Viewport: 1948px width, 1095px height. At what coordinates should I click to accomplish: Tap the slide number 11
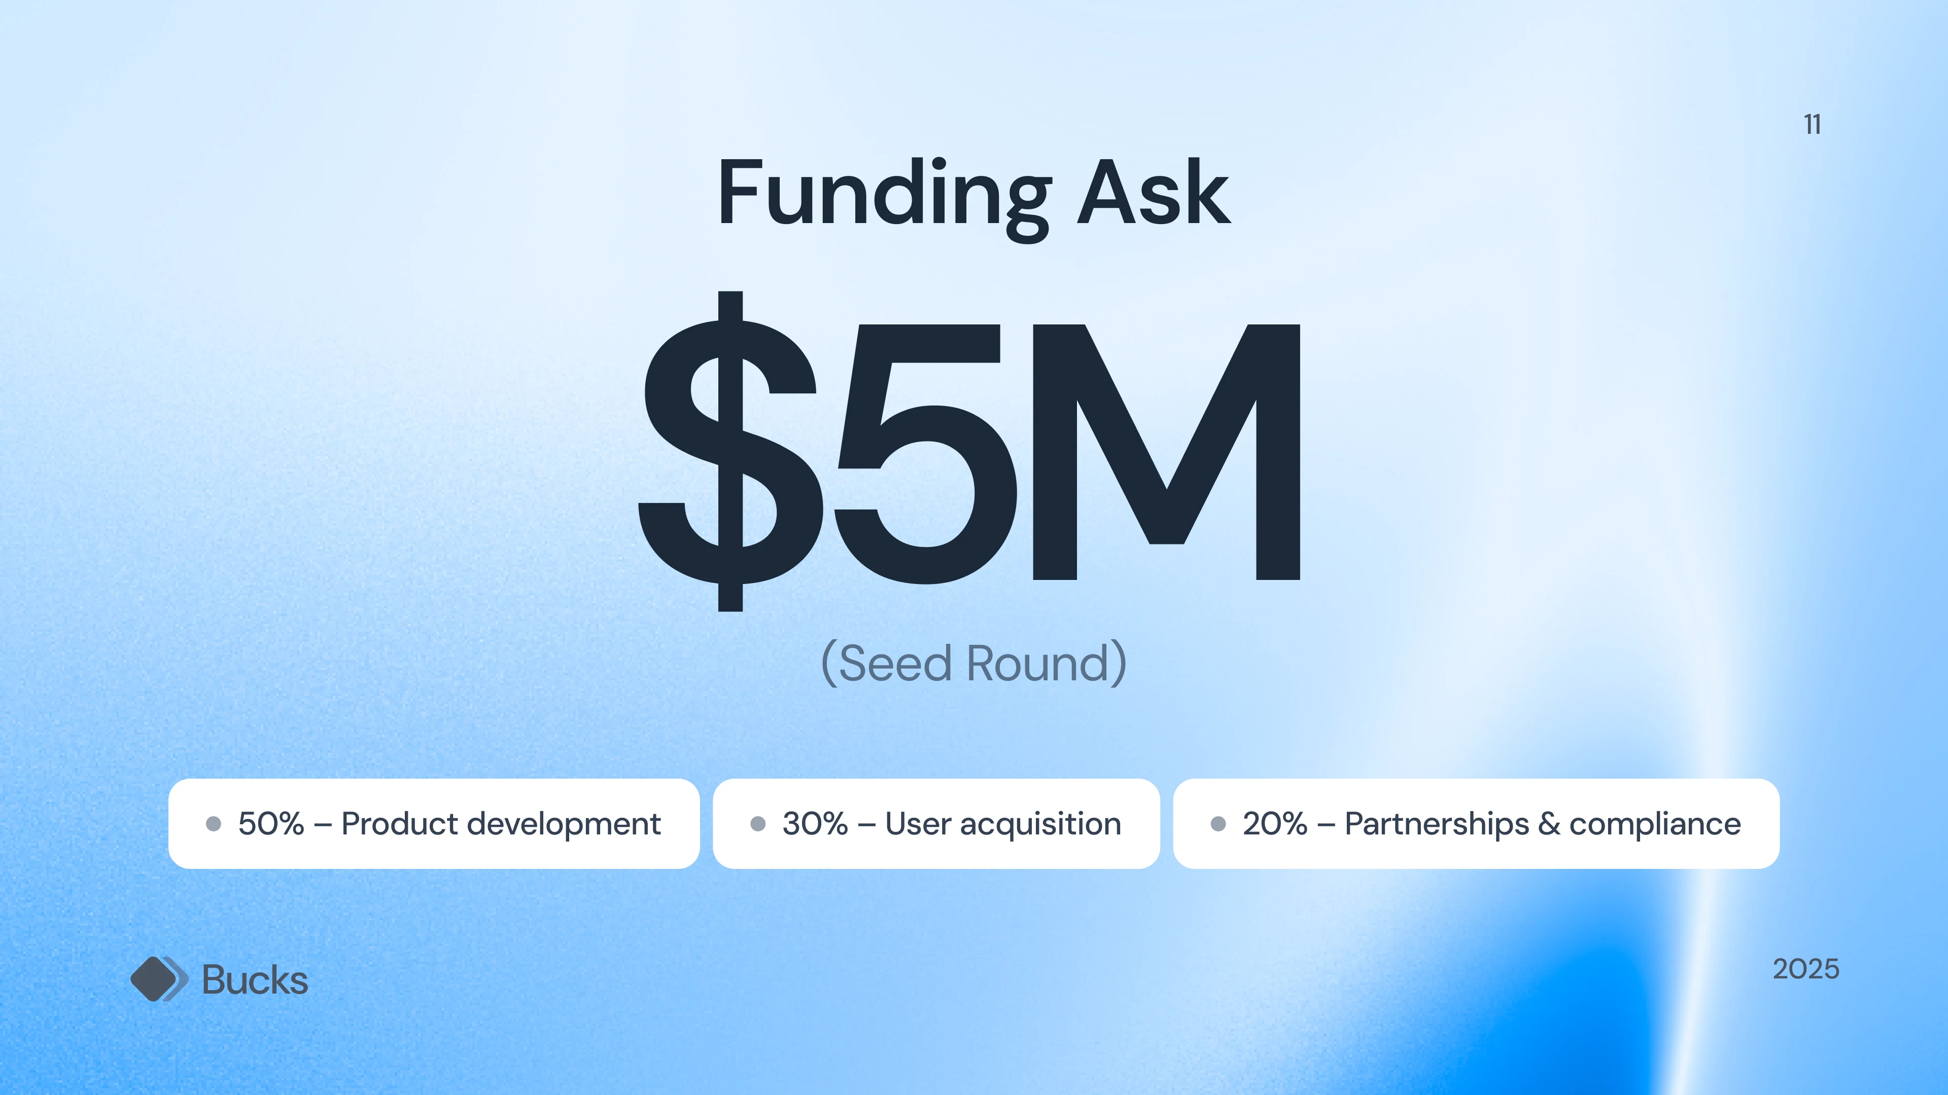pos(1812,124)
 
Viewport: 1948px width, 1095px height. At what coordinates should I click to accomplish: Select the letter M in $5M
pos(1166,452)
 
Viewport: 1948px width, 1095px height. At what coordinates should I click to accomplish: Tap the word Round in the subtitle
pos(1037,664)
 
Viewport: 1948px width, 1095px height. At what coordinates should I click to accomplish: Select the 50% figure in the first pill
pos(271,824)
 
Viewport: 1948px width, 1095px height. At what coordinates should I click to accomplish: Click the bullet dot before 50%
pos(213,824)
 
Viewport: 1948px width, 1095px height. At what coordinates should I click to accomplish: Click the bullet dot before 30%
pos(758,824)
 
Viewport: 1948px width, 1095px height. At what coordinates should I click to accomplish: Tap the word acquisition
pos(1040,824)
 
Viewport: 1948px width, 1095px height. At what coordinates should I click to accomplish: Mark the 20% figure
pos(1275,824)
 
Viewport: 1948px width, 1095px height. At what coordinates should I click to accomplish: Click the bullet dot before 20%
pos(1218,824)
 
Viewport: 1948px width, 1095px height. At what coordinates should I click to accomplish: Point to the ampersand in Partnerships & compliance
pos(1549,824)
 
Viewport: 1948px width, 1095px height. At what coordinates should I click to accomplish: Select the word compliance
pos(1655,824)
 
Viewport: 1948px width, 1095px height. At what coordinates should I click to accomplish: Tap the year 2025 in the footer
pos(1806,969)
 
